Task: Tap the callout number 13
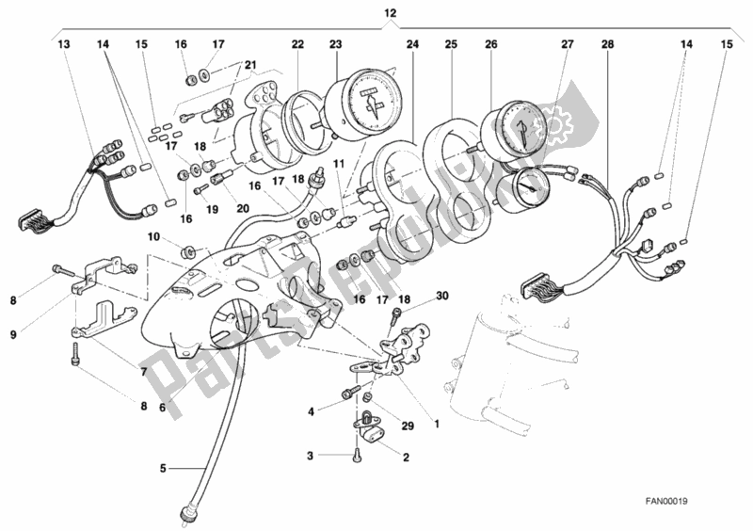point(63,44)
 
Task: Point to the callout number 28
point(606,44)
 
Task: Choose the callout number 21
point(250,64)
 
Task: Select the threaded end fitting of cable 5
point(185,513)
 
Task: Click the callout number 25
point(451,44)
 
